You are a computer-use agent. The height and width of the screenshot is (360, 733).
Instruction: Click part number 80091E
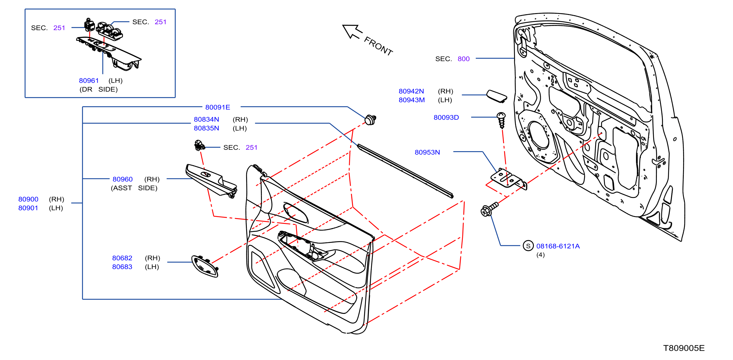coord(218,107)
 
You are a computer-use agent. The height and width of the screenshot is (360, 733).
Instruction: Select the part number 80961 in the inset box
coord(89,81)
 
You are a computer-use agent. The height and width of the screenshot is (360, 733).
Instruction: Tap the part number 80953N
coord(427,152)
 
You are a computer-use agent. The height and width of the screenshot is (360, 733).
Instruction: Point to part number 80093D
coord(446,117)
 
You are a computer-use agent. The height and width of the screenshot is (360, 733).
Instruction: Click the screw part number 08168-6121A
coord(558,246)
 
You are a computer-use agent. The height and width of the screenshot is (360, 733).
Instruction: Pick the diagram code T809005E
coord(684,348)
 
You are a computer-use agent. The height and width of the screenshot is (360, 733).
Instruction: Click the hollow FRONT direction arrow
coord(352,32)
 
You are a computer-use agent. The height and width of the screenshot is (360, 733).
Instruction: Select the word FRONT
coord(379,46)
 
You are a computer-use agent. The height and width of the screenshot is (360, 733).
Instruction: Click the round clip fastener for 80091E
coord(370,120)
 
